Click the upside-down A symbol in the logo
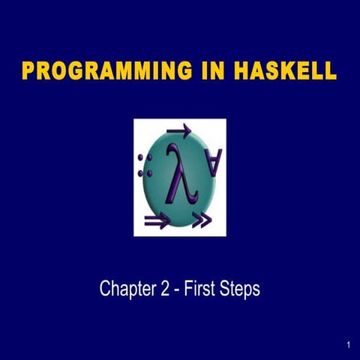214,163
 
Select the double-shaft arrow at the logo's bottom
158,220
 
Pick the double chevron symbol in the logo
202,220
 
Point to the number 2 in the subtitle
164,289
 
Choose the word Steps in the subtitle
241,289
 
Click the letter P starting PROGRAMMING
30,73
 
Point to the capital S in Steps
229,289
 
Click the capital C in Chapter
106,289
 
